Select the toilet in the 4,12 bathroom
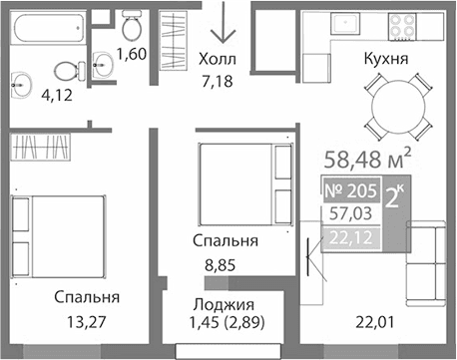coord(67,71)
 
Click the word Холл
coord(218,58)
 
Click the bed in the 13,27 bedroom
coord(58,231)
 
